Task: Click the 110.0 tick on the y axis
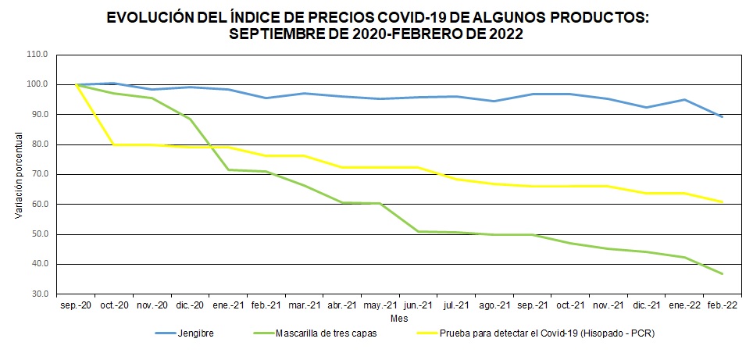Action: tap(37, 55)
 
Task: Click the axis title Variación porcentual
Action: tap(18, 174)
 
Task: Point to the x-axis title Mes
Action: tap(398, 319)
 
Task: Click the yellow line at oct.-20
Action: tap(114, 144)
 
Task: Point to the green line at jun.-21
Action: tap(418, 231)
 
